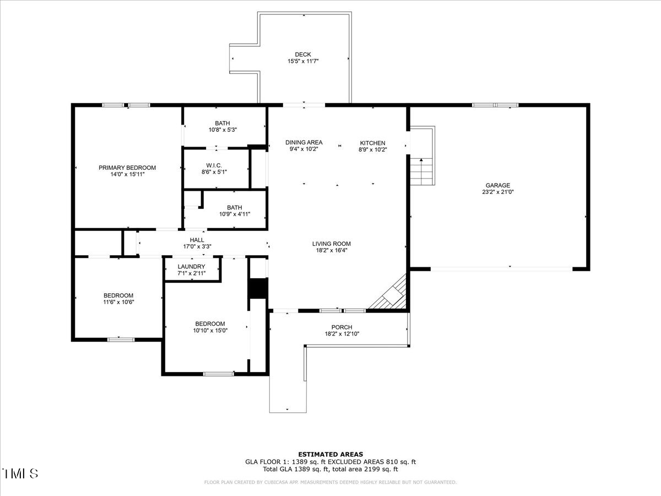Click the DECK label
pyautogui.click(x=302, y=55)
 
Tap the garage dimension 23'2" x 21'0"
pyautogui.click(x=498, y=192)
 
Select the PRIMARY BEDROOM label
pyautogui.click(x=127, y=168)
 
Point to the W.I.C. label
pyautogui.click(x=214, y=165)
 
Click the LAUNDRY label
pyautogui.click(x=191, y=267)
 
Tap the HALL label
pyautogui.click(x=197, y=240)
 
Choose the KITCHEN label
pyautogui.click(x=372, y=143)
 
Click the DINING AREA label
pyautogui.click(x=304, y=142)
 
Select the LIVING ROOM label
pyautogui.click(x=331, y=244)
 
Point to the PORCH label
pyautogui.click(x=342, y=327)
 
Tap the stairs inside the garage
pyautogui.click(x=421, y=171)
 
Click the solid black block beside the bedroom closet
pyautogui.click(x=258, y=288)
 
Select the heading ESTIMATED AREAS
pyautogui.click(x=330, y=454)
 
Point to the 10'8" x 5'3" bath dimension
pyautogui.click(x=223, y=130)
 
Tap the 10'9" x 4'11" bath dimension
pyautogui.click(x=235, y=214)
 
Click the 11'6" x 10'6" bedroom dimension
pyautogui.click(x=118, y=302)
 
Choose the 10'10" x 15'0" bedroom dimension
pyautogui.click(x=210, y=330)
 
